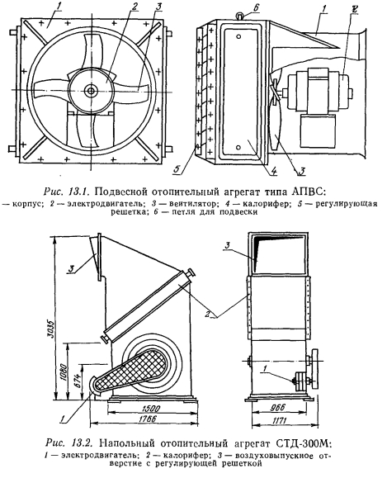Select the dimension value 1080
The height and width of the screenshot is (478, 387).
[64, 372]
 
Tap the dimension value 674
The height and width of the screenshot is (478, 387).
[78, 381]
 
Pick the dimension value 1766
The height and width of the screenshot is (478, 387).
[146, 419]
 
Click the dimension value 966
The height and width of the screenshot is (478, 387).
[277, 408]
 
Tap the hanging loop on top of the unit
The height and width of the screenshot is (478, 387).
[241, 15]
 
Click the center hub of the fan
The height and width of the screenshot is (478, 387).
[91, 90]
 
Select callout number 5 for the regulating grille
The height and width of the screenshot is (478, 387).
[177, 169]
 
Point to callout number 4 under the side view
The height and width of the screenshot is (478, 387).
[274, 171]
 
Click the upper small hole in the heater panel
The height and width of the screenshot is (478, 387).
[238, 36]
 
